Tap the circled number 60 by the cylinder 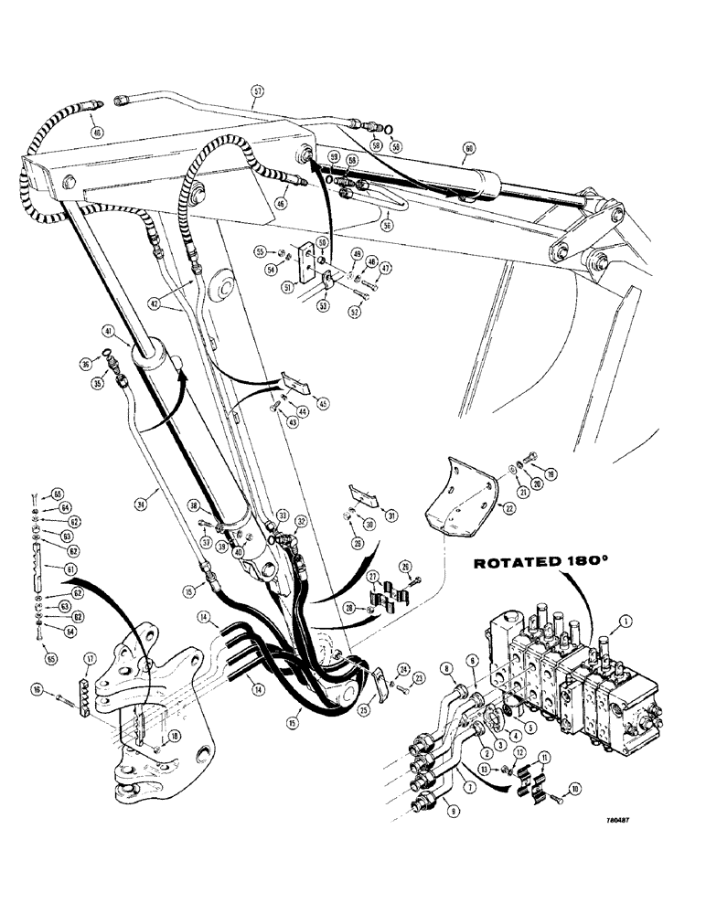click(469, 148)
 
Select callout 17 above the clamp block click(89, 657)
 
